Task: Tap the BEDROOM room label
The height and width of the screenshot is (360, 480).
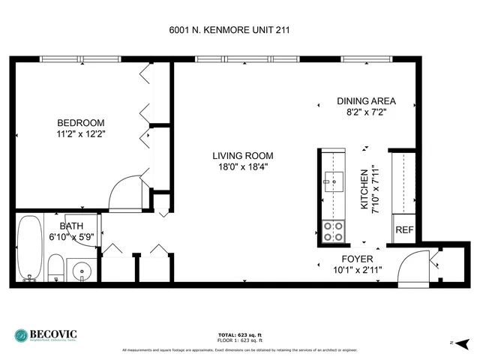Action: coord(81,123)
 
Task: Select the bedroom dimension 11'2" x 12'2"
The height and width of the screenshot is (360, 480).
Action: coord(81,135)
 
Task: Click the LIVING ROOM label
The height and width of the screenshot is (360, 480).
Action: coord(241,156)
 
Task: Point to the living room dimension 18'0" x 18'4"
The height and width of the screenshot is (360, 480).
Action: coord(241,167)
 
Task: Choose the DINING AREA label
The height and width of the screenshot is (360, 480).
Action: coord(366,101)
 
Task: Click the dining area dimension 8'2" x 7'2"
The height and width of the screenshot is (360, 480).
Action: coord(366,113)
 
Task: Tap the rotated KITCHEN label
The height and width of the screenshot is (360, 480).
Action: coord(365,188)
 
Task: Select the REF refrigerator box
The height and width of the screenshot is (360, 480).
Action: coord(403,229)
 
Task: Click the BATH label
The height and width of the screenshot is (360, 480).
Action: coord(62,224)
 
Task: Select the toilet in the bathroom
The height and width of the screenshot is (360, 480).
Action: coord(55,267)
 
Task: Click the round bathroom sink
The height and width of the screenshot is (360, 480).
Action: coord(80,269)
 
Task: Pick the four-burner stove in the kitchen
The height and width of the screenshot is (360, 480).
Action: coord(332,231)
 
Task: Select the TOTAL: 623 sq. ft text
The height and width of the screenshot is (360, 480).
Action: coord(238,334)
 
